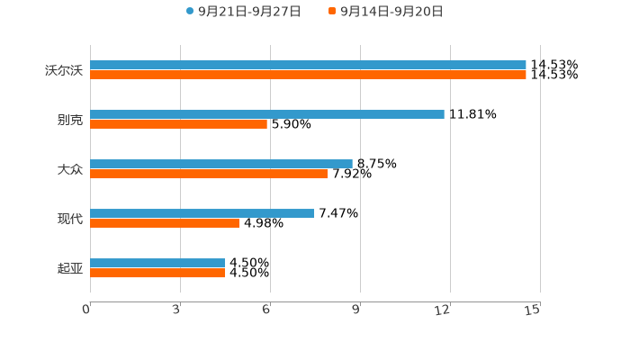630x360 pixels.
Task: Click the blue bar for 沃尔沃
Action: (x=308, y=65)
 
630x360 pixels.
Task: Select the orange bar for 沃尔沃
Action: (x=308, y=76)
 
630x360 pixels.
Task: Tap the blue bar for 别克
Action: (x=267, y=114)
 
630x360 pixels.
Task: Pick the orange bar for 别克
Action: (x=179, y=125)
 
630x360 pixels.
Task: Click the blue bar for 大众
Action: (x=221, y=164)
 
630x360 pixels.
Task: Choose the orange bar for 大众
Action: (x=209, y=175)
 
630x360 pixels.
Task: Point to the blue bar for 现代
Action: (x=202, y=213)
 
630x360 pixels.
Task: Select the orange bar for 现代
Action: (x=165, y=224)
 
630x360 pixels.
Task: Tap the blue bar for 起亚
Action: (x=157, y=263)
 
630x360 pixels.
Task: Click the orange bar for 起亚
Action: (x=157, y=274)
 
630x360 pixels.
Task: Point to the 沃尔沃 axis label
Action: (x=63, y=70)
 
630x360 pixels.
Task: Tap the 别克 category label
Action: (x=69, y=120)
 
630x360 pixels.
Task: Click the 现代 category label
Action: (x=69, y=219)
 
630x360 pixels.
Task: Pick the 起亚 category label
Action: (x=69, y=268)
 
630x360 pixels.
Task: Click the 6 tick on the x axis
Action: (x=266, y=310)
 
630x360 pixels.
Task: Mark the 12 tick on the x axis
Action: (x=443, y=310)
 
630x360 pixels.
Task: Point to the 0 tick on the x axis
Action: (x=86, y=310)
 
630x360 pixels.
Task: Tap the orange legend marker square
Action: (x=332, y=12)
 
